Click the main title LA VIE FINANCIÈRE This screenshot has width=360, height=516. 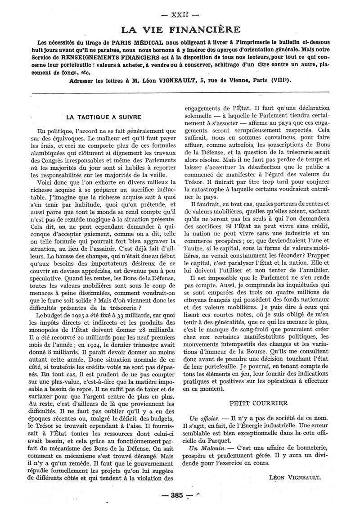(180, 30)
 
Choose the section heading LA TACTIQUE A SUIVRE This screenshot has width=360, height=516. (103, 117)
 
